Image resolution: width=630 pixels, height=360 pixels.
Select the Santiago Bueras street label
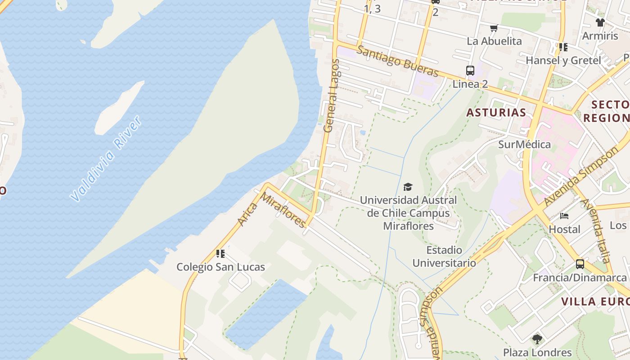click(x=397, y=61)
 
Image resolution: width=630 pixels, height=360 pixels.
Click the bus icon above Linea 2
click(x=470, y=71)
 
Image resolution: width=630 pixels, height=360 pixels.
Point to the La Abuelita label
click(x=494, y=41)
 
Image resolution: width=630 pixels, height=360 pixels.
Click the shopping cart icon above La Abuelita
click(x=494, y=28)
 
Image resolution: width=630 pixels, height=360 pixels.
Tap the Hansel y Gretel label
click(x=563, y=60)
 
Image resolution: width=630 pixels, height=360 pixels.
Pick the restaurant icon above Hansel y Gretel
click(x=563, y=47)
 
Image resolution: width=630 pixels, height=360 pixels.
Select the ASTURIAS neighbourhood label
click(x=496, y=112)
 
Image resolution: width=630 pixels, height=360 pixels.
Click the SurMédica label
click(x=524, y=144)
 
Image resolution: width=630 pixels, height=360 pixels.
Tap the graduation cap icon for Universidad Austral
click(x=408, y=187)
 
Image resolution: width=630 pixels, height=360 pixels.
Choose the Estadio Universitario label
click(x=444, y=256)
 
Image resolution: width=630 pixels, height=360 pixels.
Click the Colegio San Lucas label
click(x=220, y=267)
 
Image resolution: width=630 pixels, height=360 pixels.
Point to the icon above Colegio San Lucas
click(x=220, y=254)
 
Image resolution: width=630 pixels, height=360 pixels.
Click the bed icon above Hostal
click(x=564, y=216)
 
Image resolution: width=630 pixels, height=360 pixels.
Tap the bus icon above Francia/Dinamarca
click(x=580, y=264)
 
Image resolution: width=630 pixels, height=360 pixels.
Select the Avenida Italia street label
click(x=597, y=231)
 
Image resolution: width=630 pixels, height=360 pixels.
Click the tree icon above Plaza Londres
click(x=537, y=339)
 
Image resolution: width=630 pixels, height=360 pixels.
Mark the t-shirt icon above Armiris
click(x=600, y=22)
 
